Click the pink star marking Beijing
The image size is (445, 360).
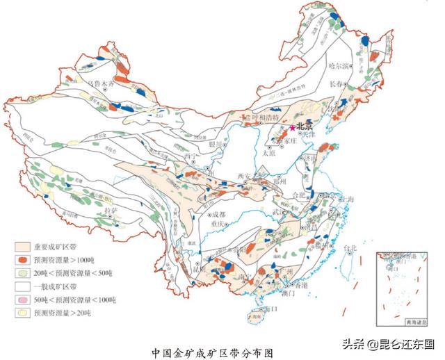(292, 127)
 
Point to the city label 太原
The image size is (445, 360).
(268, 154)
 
